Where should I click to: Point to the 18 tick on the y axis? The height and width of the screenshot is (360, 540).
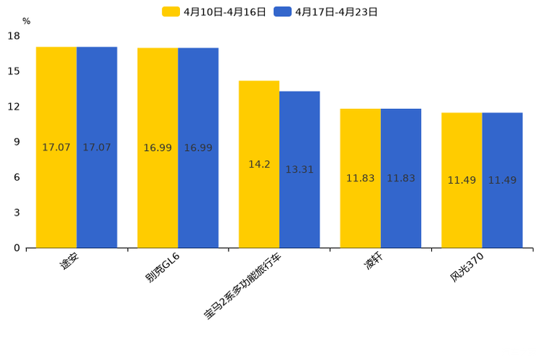pos(14,36)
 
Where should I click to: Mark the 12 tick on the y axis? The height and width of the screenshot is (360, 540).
pos(14,107)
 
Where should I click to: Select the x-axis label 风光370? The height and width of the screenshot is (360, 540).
pos(466,267)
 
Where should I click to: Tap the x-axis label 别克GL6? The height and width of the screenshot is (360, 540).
pos(162,267)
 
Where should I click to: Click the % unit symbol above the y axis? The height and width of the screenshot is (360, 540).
pos(26,22)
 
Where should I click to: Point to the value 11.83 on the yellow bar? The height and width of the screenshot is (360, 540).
pos(361,179)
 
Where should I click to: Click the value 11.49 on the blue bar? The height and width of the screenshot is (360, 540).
pos(502,181)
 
